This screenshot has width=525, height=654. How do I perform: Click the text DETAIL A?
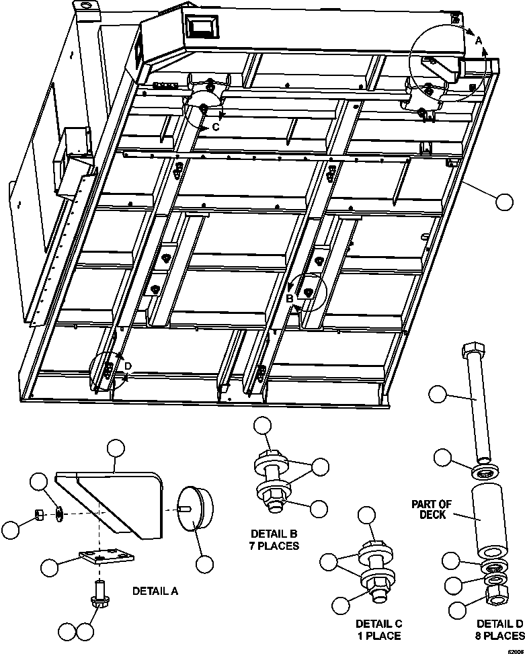[155, 591]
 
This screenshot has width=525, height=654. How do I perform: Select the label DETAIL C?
[378, 624]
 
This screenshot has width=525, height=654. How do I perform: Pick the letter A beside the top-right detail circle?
[479, 42]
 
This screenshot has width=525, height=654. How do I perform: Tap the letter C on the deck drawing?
[216, 126]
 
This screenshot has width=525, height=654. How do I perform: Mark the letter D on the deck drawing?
[128, 366]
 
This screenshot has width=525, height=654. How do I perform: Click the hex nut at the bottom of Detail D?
[498, 592]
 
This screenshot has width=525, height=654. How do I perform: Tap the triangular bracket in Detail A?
[114, 501]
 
